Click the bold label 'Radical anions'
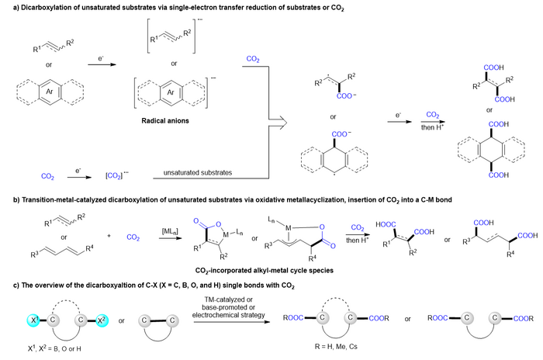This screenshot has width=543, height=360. pos(165,120)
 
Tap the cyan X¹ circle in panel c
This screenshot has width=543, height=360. pos(33,320)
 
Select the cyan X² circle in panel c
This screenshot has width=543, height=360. pos(101,320)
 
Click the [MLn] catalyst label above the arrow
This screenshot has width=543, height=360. pos(170,231)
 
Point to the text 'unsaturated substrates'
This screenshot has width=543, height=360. pos(198,172)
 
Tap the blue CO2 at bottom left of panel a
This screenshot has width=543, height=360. pos(47,176)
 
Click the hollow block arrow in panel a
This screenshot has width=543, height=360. pos(278,123)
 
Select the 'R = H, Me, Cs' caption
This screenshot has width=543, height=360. pos(336,347)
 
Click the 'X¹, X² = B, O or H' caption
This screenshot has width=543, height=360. pos(54,348)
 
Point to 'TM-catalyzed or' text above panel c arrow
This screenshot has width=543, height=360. pos(229,299)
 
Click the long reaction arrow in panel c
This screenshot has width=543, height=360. pos(232,322)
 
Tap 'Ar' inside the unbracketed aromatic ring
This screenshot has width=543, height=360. pos(50,92)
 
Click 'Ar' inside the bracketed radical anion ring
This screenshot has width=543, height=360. pos(171,92)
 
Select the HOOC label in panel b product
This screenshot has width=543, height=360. pos(386,224)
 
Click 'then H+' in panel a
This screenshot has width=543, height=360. pos(432,127)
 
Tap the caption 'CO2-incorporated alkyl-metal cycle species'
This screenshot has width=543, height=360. pos(265,271)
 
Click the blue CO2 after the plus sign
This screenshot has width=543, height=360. pos(133,237)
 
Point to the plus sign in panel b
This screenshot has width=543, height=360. pos(109,236)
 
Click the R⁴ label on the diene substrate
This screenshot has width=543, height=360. pos(89,248)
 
